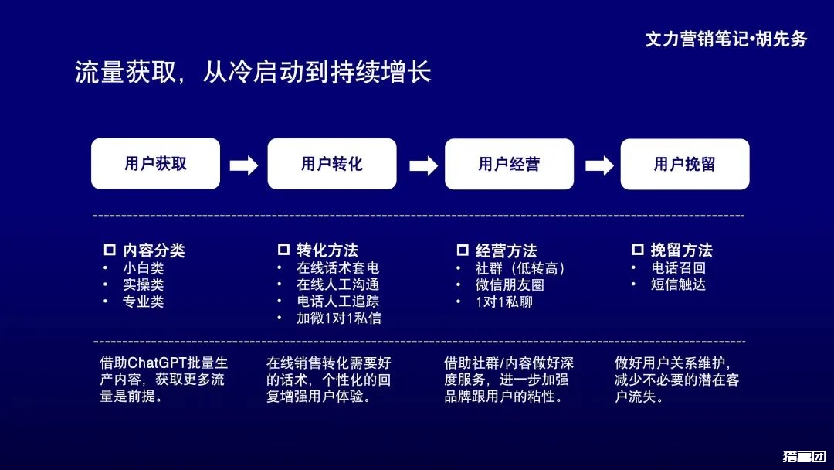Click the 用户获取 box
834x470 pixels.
(x=155, y=164)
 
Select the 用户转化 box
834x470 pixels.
(x=332, y=164)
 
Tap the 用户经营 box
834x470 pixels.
(x=509, y=164)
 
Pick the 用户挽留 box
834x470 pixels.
(x=685, y=164)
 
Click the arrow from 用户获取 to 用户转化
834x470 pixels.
(x=244, y=165)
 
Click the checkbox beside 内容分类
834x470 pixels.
(x=110, y=250)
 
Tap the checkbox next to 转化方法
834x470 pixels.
(x=283, y=250)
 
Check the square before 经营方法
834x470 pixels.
(x=463, y=250)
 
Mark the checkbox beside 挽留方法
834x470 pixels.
(x=638, y=250)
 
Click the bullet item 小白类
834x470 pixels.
(x=144, y=268)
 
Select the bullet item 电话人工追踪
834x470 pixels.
(x=338, y=301)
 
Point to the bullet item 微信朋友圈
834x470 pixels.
(x=510, y=284)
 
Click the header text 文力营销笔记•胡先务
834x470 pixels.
(x=726, y=39)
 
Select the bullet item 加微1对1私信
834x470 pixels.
(x=339, y=318)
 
